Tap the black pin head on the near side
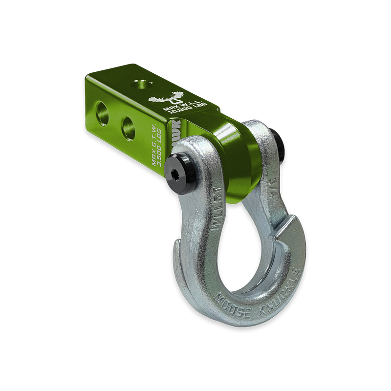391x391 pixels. pyautogui.click(x=179, y=169)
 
